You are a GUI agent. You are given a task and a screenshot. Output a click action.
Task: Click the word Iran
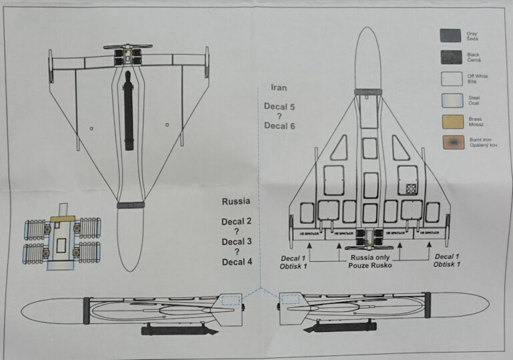[279, 87]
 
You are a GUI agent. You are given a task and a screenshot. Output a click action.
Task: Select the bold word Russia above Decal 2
[236, 200]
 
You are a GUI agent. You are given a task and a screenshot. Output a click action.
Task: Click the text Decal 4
[237, 262]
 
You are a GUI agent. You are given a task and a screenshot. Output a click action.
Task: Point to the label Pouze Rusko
[369, 265]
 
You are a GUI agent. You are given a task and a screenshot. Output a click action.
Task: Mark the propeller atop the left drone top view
[128, 47]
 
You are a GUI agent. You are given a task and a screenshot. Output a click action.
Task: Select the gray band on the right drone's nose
[368, 92]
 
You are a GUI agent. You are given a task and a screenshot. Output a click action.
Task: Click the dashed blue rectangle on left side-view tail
[231, 300]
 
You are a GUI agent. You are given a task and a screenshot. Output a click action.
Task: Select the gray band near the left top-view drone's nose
[130, 205]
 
